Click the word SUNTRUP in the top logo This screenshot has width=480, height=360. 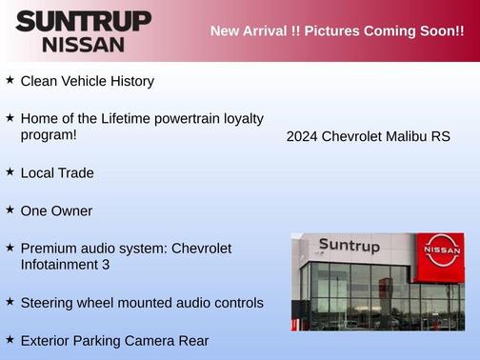click(83, 21)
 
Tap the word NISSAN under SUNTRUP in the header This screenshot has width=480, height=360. click(83, 44)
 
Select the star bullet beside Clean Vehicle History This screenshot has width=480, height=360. click(10, 80)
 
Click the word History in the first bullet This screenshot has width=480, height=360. click(129, 81)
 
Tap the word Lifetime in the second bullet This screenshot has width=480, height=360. click(121, 118)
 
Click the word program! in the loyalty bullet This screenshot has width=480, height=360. click(49, 135)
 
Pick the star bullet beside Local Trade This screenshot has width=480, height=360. click(10, 171)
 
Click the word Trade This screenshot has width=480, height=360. click(75, 173)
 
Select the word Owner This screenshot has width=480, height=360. click(71, 210)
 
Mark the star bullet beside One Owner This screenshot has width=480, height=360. click(10, 209)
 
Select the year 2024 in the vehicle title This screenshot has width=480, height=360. click(302, 136)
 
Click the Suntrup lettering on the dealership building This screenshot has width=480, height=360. click(349, 246)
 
